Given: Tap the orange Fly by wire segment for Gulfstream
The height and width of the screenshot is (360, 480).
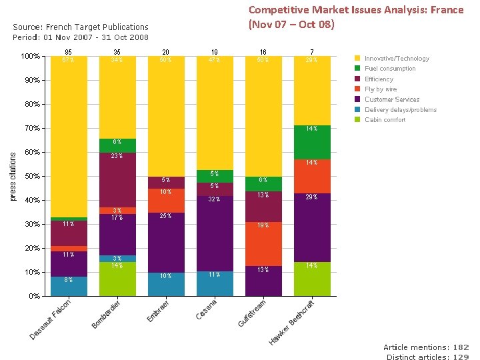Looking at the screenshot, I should tap(263, 243).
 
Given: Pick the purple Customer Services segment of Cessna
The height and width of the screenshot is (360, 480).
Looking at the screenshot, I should tap(215, 233).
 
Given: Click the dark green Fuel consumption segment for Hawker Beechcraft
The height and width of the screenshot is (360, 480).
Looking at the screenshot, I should tap(312, 142).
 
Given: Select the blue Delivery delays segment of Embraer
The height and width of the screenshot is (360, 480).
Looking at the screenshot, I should tap(166, 284).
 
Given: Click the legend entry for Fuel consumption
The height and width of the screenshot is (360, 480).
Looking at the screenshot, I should tap(389, 69).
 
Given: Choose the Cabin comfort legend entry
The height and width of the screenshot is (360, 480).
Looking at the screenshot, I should tap(385, 120).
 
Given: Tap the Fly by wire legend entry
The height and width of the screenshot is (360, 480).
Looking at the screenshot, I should tap(380, 89).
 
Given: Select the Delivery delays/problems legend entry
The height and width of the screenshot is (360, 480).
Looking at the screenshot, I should tap(400, 110).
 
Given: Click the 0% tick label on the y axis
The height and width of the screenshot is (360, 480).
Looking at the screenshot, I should tap(33, 296).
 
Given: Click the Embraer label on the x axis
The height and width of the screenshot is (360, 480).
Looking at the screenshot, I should tap(158, 311).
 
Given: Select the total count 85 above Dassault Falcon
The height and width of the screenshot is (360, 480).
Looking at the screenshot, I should tap(69, 52).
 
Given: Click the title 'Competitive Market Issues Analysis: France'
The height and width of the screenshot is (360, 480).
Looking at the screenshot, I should tap(356, 10).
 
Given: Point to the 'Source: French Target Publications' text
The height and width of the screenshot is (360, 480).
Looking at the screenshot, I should tap(81, 28).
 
